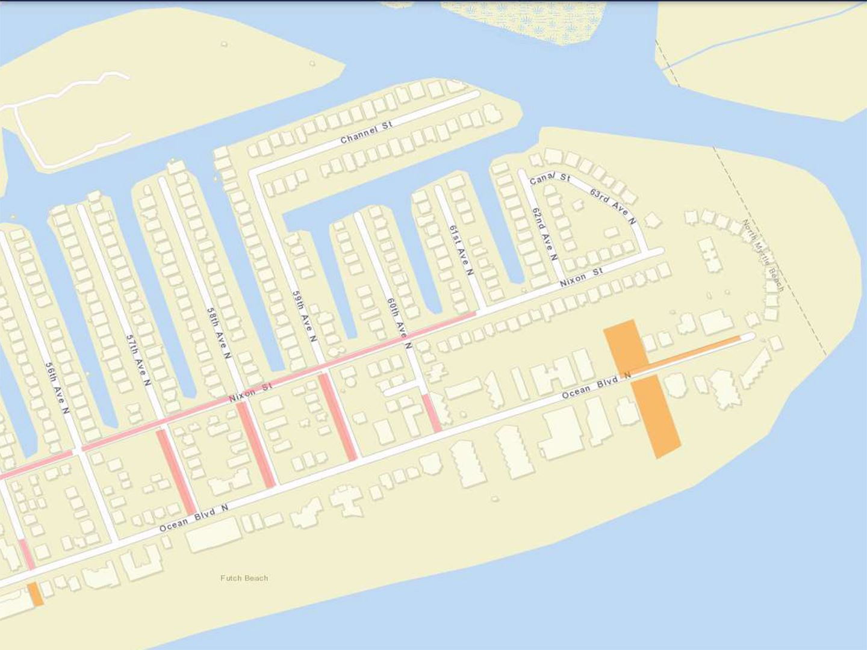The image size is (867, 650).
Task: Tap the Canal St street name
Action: point(550,179)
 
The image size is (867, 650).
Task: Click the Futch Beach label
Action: point(244,578)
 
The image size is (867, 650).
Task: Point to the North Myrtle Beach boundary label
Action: point(763,255)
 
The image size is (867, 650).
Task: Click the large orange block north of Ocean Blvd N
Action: point(626,348)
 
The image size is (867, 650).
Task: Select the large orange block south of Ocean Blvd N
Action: point(656,415)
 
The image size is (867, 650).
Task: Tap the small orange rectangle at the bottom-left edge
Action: point(35,594)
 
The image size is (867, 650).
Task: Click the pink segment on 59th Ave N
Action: point(338,416)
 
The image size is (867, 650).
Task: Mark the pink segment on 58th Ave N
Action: point(256,444)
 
